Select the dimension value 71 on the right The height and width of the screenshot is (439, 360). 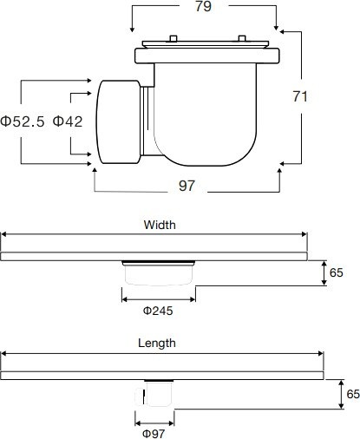(300, 97)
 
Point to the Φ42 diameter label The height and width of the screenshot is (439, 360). (68, 121)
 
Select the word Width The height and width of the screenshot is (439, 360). (159, 224)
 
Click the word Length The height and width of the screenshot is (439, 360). (157, 343)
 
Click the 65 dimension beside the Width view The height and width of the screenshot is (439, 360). (337, 272)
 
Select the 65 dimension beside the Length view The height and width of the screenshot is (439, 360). (351, 393)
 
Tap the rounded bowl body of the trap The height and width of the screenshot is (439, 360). (208, 117)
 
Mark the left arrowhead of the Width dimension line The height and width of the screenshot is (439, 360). (3, 234)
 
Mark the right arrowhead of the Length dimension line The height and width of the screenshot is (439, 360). (321, 353)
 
